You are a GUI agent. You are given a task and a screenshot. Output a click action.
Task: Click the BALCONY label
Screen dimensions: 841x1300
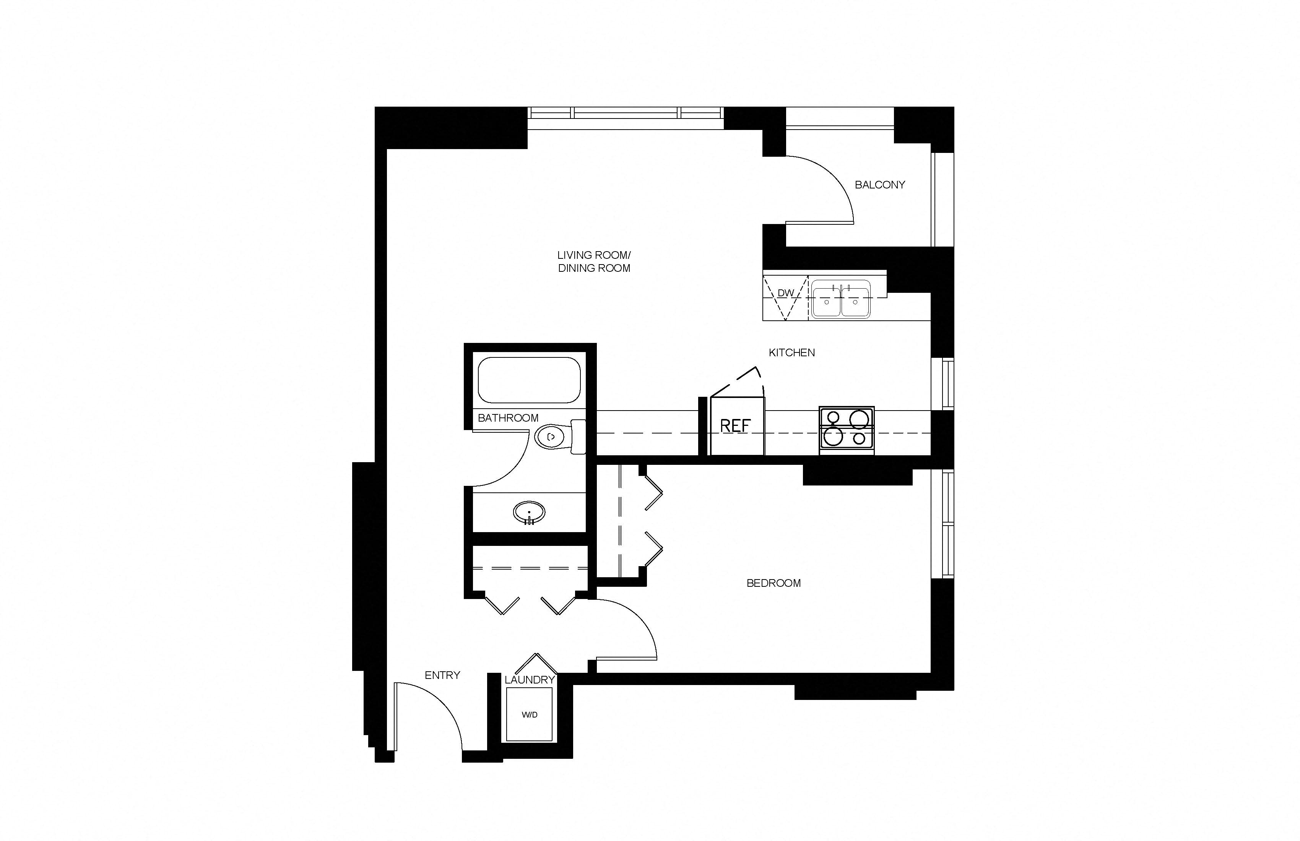tap(879, 185)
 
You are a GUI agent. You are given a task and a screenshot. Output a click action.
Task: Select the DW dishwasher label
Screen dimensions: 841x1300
tap(785, 293)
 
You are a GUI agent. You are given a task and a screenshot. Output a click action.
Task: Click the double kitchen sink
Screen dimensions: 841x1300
tap(841, 299)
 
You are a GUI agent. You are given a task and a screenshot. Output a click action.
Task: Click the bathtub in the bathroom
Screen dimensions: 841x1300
tap(529, 380)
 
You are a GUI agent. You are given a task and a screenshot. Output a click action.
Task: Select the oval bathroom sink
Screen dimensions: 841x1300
tap(529, 512)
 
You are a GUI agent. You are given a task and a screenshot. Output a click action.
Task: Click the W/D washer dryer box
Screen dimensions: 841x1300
tap(529, 715)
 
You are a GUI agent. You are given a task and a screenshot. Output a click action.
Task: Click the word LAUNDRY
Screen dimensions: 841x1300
tap(529, 680)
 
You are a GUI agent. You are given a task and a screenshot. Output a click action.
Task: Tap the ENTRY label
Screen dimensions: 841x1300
tap(442, 675)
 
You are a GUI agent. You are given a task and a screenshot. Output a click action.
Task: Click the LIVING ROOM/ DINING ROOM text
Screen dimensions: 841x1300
tap(594, 261)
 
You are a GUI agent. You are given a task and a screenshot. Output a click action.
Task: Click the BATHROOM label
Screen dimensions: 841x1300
tap(508, 418)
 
